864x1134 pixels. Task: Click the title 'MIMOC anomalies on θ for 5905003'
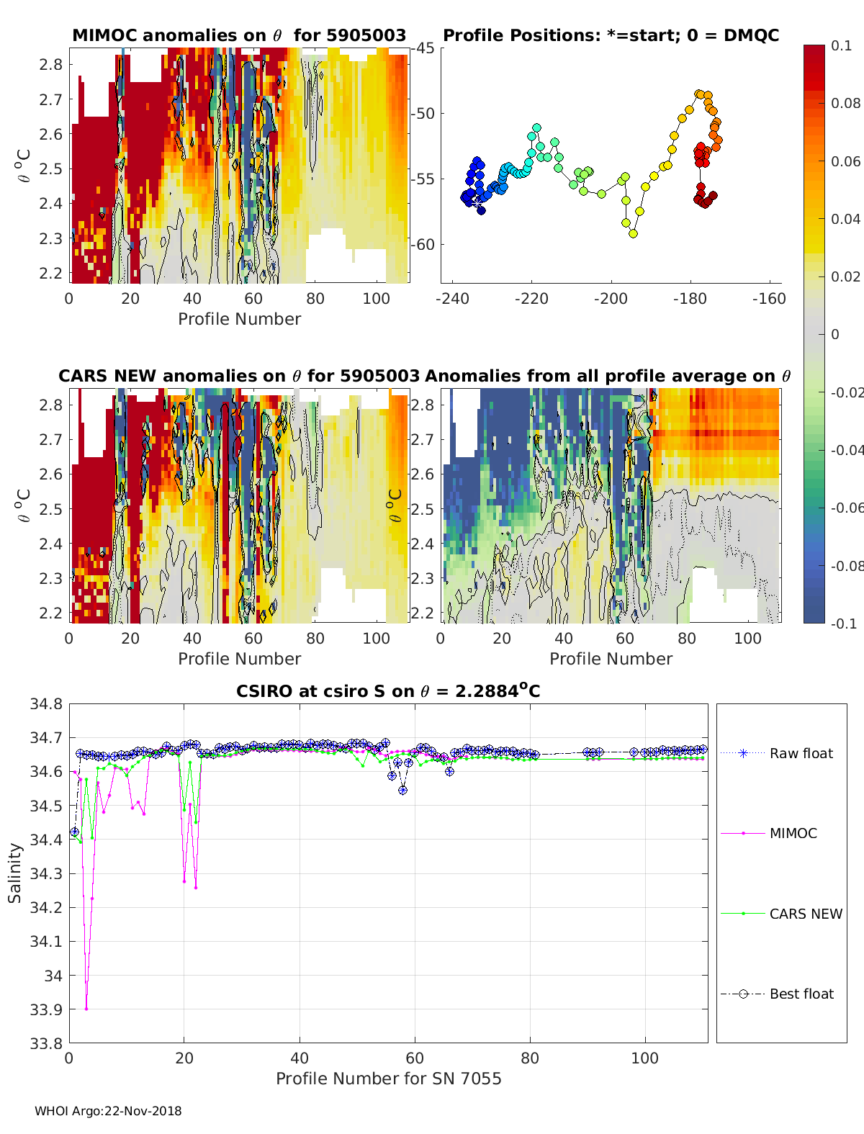click(239, 35)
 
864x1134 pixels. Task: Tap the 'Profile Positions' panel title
click(611, 35)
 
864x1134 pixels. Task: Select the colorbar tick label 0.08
click(845, 103)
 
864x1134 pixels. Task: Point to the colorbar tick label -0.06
click(845, 508)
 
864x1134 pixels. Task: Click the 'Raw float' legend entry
click(801, 753)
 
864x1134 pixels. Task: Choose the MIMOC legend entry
click(793, 833)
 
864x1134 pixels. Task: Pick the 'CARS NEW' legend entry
click(805, 914)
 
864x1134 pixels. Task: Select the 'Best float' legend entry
click(801, 994)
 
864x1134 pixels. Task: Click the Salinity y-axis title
click(15, 873)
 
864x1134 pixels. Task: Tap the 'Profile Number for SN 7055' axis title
click(388, 1079)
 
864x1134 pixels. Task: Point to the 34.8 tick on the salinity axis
click(45, 704)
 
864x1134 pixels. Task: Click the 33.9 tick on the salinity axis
click(45, 1009)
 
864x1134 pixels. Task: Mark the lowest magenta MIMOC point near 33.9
click(86, 1009)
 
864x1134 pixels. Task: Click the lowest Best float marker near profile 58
click(403, 790)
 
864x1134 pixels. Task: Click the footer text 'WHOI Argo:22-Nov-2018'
click(108, 1111)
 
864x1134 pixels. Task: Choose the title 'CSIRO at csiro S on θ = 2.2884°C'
click(388, 692)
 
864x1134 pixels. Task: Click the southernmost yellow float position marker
click(633, 233)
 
